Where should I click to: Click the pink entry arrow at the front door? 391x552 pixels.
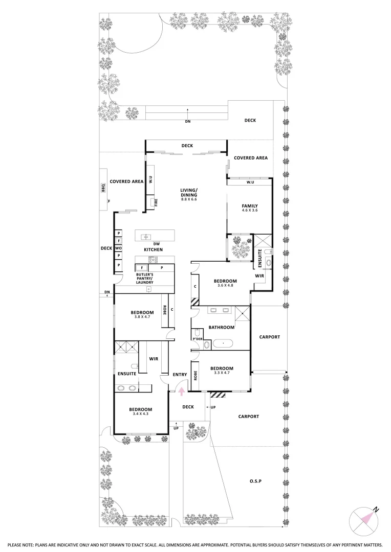[181, 391]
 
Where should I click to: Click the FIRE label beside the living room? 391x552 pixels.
[152, 202]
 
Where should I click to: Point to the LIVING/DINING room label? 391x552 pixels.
[188, 192]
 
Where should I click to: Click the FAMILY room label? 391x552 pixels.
[249, 206]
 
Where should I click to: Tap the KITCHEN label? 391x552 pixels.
[153, 249]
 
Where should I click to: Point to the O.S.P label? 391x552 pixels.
[256, 481]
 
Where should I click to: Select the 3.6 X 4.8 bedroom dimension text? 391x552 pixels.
[225, 287]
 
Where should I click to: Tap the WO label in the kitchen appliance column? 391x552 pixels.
[118, 248]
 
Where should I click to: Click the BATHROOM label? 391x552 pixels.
[222, 327]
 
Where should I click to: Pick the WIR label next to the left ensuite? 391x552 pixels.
[153, 359]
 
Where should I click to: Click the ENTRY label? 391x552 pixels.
[180, 375]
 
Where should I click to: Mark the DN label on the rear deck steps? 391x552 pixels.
[187, 122]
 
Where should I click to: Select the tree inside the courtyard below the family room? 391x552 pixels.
[238, 247]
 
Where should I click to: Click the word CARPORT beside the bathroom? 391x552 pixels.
[270, 337]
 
